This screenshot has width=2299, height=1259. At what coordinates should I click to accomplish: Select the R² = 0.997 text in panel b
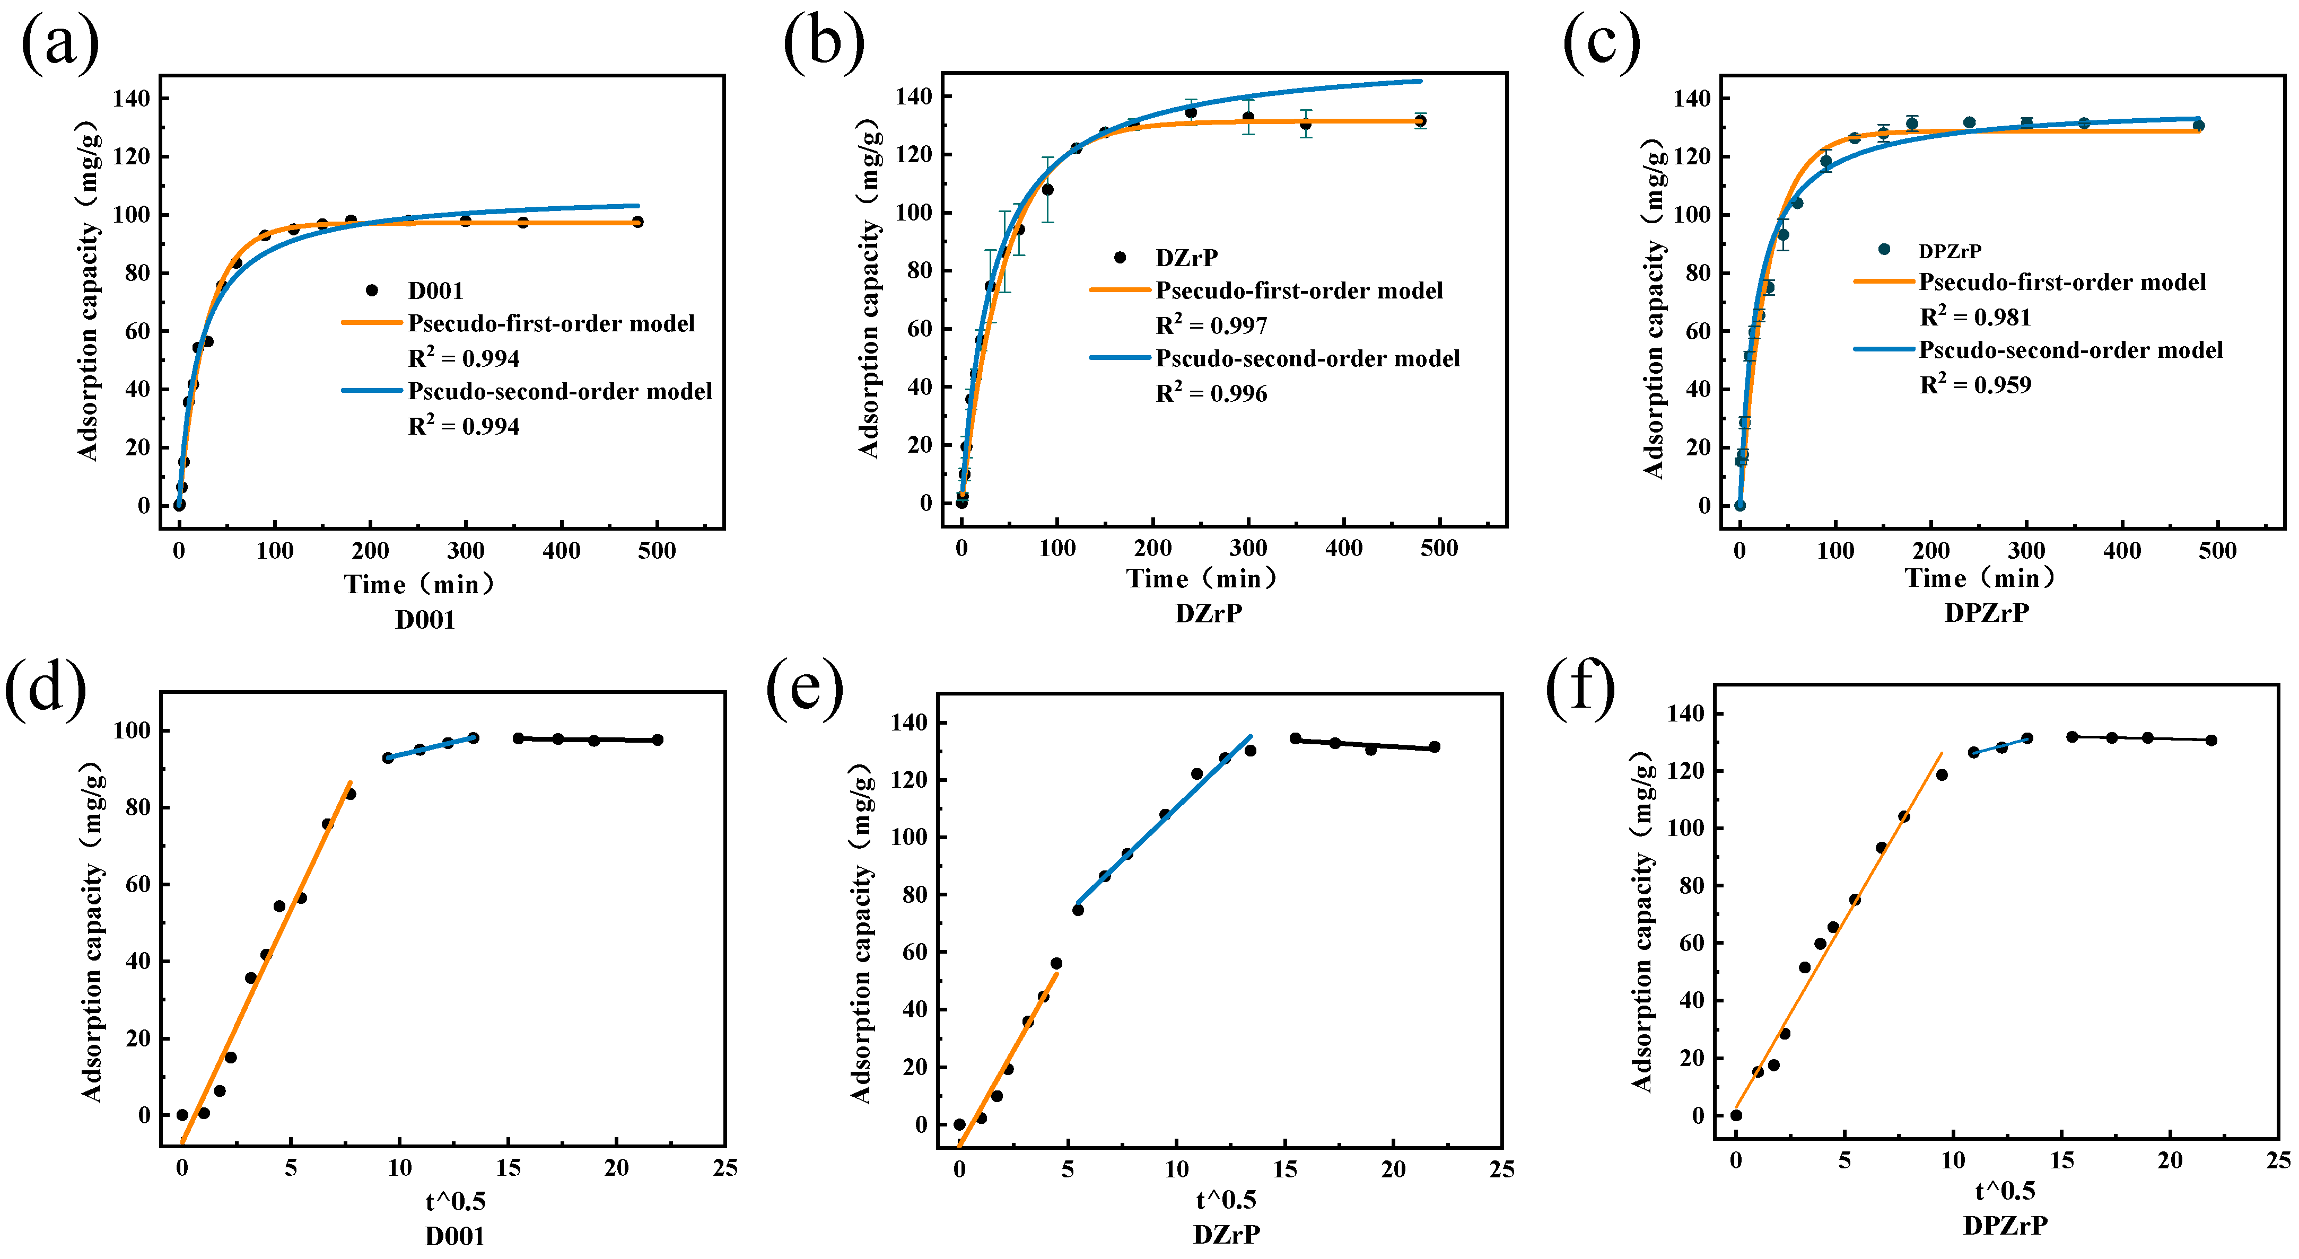1211,325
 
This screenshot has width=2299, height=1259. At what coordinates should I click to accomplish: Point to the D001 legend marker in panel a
372,290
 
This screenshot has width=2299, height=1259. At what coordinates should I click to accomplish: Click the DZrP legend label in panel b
1186,258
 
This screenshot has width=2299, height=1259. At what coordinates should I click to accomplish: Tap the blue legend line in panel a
372,391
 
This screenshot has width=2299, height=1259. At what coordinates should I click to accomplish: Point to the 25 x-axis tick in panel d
724,1168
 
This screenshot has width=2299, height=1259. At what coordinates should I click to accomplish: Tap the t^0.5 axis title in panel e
1226,1200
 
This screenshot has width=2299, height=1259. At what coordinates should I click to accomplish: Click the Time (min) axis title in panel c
1980,578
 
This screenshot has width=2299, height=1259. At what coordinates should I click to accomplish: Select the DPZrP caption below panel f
2005,1225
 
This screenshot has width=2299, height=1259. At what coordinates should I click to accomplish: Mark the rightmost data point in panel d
658,739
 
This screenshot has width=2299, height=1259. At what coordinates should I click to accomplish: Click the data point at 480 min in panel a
637,221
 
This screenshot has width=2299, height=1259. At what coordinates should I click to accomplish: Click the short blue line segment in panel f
1999,746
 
